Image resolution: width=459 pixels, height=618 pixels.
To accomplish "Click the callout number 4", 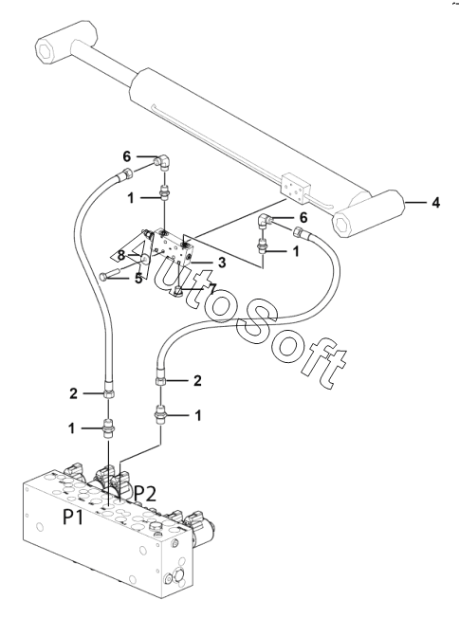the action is coord(435,203).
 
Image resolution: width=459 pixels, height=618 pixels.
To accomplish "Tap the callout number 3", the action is coord(222,263).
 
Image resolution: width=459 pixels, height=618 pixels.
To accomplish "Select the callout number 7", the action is coord(212,289).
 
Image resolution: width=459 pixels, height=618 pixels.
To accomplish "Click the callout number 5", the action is coord(138,279).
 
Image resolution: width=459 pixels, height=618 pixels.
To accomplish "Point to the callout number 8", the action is coord(121,256).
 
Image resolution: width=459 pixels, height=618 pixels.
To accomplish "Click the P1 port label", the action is coord(73,517).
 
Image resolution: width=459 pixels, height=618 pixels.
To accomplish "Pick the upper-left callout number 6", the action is coord(126,156).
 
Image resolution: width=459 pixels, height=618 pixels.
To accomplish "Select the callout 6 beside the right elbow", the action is coord(303,217).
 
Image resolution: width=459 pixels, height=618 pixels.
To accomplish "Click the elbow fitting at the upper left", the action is coord(162,162).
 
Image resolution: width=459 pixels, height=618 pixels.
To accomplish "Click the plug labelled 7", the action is coord(178,292).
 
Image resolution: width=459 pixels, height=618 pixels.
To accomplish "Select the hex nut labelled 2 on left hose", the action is coord(109,393).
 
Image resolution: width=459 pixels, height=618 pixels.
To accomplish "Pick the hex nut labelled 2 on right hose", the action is coord(160,381).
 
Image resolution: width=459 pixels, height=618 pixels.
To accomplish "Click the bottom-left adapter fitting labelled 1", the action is coord(108,427).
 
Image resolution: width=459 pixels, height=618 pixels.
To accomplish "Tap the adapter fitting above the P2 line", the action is coord(160,415).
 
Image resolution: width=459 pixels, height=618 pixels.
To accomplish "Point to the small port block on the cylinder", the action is coord(294,188).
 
